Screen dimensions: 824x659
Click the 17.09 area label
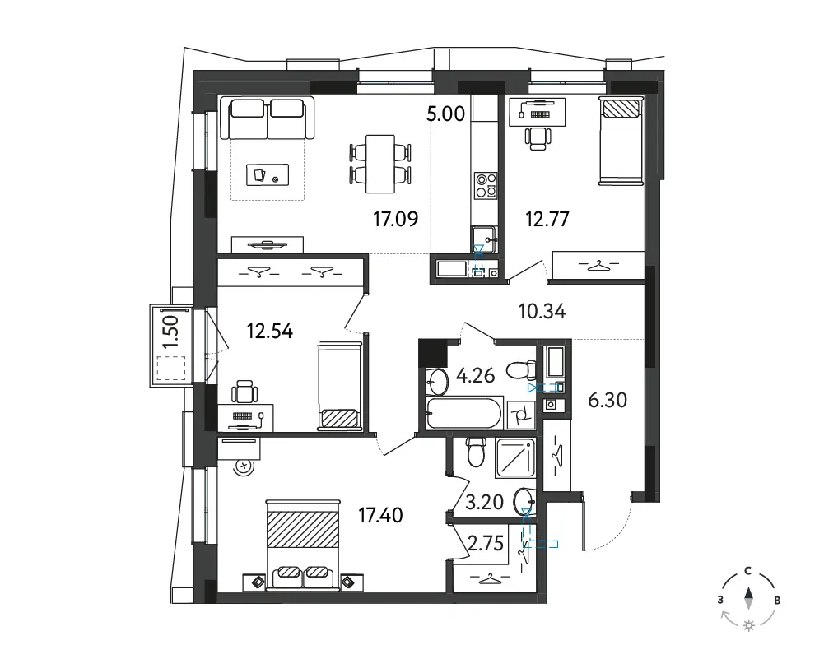396,219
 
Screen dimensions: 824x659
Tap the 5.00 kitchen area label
445,114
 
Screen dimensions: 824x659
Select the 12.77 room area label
547,219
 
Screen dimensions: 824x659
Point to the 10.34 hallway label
542,311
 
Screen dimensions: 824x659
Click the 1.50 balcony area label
170,331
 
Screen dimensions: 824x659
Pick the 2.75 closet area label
486,543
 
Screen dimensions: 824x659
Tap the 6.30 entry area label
608,400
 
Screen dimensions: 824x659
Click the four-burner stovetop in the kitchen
486,185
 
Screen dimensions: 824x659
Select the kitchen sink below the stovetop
484,239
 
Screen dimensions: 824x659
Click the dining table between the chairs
380,164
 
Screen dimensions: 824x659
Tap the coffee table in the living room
268,175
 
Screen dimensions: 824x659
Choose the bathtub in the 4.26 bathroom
464,413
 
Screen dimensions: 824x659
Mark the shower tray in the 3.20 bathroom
515,457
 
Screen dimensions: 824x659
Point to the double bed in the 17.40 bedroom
303,544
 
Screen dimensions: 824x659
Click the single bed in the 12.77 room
621,142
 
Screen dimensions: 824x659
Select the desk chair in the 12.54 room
244,391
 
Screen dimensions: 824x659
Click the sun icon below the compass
749,625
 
